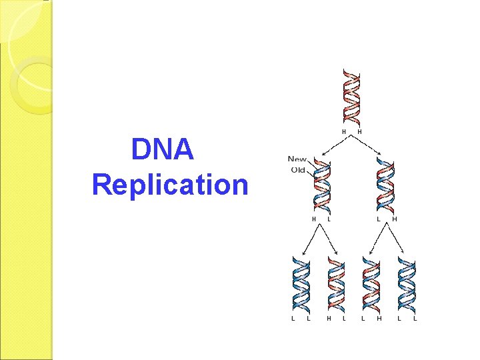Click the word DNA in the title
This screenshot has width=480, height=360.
163,149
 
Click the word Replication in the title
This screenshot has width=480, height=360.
170,184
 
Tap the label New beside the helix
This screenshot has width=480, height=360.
298,159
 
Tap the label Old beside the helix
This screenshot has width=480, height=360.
297,169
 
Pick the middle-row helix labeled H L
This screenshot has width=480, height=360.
322,187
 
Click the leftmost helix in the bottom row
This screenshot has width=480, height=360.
301,287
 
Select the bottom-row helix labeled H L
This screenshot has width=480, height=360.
336,287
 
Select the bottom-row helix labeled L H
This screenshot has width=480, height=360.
371,287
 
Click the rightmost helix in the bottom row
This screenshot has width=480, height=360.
407,287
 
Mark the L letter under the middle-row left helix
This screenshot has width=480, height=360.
329,219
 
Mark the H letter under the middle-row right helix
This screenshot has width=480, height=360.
395,219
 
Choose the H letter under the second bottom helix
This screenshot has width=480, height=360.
328,319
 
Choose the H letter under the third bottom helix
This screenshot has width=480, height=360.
379,319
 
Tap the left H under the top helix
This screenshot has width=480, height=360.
344,132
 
